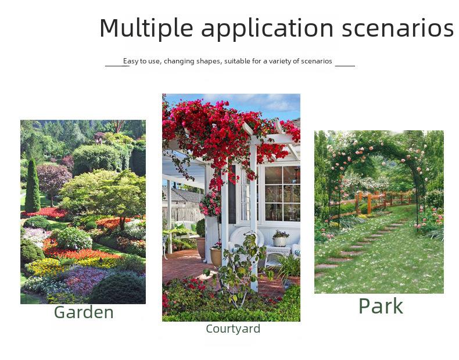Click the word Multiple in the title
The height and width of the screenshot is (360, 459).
tap(146, 28)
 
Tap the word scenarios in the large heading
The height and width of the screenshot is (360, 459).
tap(397, 28)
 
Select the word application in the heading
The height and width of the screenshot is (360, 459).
tap(267, 28)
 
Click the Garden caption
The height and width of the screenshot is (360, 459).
tap(84, 312)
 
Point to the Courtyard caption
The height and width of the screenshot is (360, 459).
tap(233, 329)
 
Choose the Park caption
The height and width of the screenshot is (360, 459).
tap(381, 306)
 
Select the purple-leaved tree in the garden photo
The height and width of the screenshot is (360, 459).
tap(53, 179)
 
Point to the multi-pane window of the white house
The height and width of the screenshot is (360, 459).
tap(282, 193)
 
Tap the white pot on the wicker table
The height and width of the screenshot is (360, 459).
tap(280, 241)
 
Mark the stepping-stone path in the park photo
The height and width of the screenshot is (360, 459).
tap(360, 249)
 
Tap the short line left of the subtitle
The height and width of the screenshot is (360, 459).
tap(117, 66)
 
